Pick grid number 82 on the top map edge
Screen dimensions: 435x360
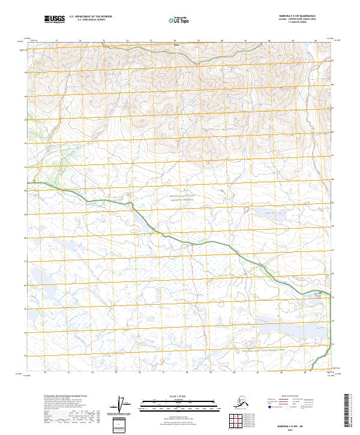tap(268, 41)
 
